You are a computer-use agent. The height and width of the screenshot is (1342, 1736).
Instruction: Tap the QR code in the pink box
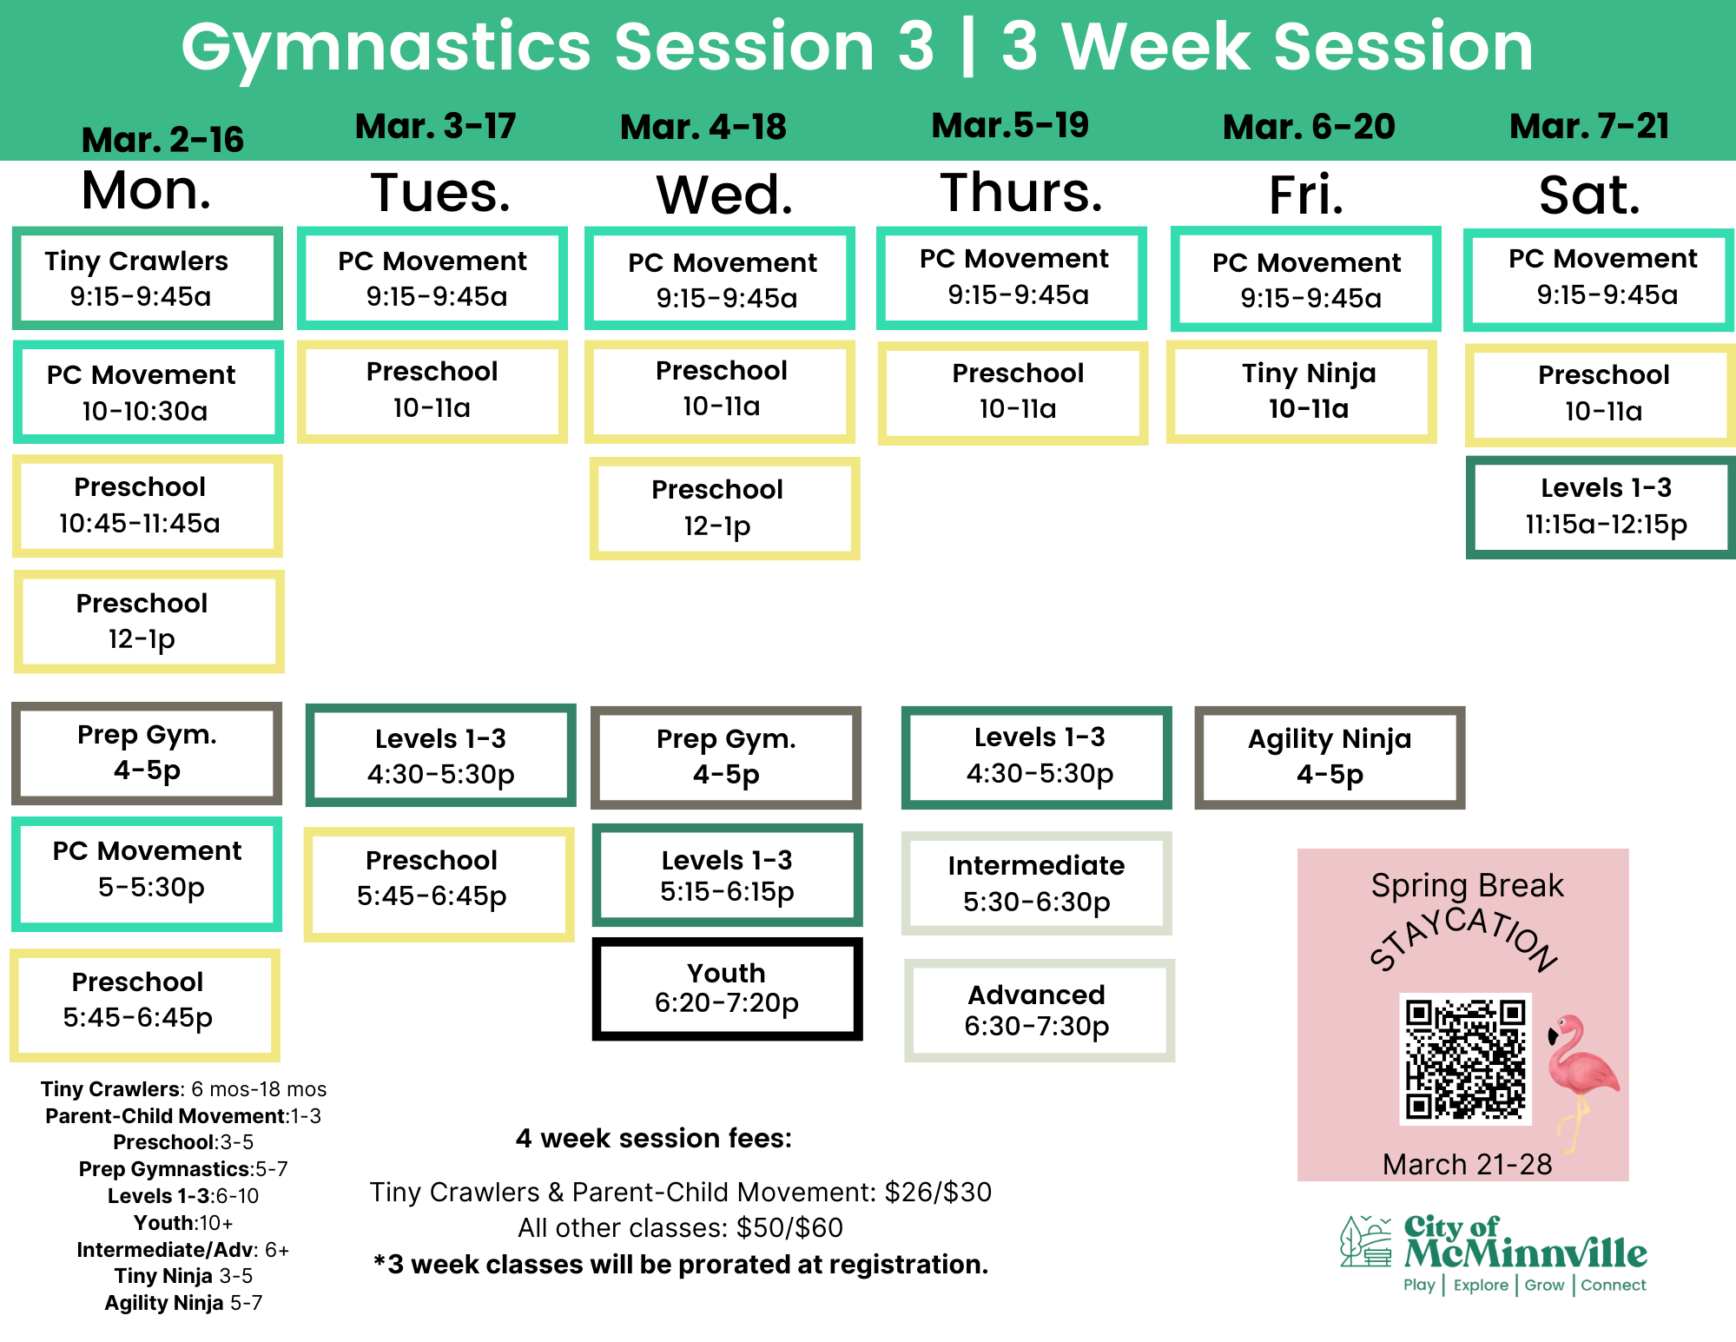click(1465, 1059)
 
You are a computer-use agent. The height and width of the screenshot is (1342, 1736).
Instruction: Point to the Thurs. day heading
click(1021, 192)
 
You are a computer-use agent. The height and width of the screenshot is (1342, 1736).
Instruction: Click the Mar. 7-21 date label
click(1589, 127)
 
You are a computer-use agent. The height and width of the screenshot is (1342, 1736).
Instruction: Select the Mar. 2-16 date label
click(162, 140)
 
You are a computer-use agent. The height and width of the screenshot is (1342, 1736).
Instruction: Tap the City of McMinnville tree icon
click(1365, 1241)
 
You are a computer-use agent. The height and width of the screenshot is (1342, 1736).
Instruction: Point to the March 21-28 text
click(1467, 1164)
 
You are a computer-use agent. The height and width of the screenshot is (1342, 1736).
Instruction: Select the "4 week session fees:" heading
click(654, 1138)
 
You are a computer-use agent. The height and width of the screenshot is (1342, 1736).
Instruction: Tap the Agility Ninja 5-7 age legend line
click(183, 1303)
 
